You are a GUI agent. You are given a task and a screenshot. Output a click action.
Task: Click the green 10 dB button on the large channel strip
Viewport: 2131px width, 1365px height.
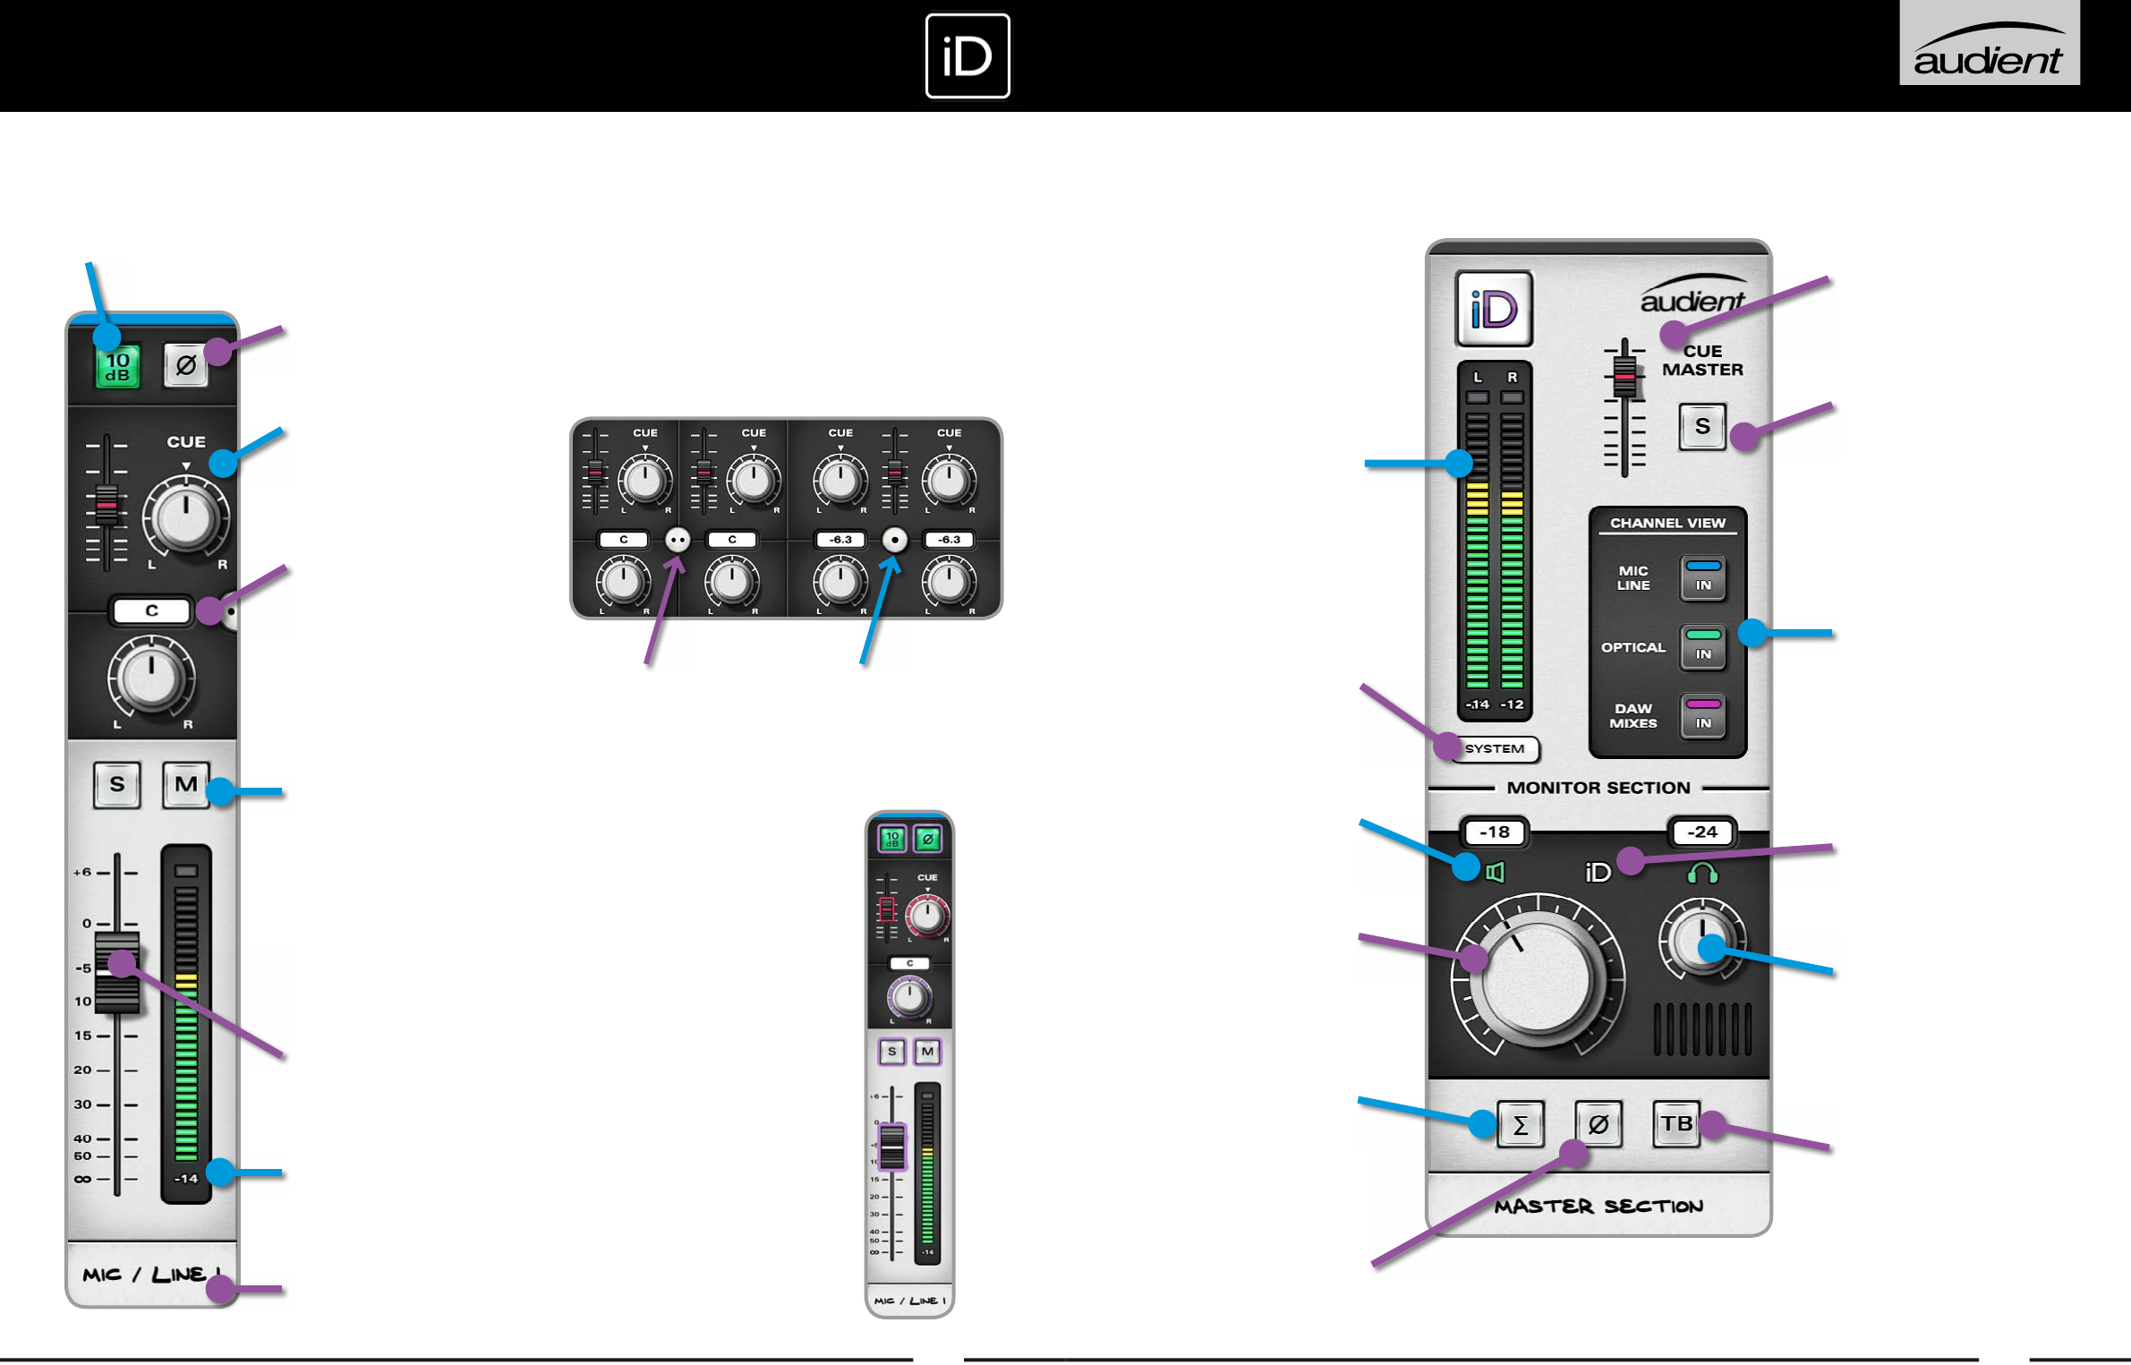[x=118, y=367]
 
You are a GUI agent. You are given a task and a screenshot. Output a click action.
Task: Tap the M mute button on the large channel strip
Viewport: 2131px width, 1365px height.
[x=185, y=785]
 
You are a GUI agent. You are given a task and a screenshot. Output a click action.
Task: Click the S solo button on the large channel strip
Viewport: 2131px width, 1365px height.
[x=117, y=785]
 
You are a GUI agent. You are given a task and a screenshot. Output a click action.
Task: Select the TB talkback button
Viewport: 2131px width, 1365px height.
[x=1676, y=1124]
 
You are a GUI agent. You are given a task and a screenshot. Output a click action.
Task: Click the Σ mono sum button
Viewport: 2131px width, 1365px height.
[x=1520, y=1125]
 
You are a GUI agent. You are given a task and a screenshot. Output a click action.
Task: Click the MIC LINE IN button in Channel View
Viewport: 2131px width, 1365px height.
[x=1702, y=577]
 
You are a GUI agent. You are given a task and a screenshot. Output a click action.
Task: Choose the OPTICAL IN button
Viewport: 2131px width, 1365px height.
[x=1702, y=646]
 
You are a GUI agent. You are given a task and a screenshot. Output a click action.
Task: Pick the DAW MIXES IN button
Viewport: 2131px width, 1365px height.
[x=1702, y=715]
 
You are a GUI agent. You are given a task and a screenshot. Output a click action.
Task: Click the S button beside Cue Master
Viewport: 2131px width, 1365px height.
[x=1701, y=427]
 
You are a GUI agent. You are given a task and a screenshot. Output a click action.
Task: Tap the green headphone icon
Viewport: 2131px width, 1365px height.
[x=1701, y=873]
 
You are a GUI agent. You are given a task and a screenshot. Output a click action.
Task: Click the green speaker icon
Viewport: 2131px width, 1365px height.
[x=1495, y=872]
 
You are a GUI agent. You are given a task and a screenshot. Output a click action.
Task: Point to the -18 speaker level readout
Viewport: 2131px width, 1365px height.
[x=1494, y=832]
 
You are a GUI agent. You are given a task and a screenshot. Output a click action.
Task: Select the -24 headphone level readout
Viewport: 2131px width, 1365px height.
[x=1701, y=832]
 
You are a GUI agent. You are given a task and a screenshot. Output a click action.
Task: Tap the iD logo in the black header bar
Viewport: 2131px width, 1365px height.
[x=967, y=55]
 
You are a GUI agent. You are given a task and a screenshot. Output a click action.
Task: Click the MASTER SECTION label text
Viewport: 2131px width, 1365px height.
[x=1598, y=1207]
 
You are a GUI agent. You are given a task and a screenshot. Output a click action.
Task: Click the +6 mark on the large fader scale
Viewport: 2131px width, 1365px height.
[x=83, y=872]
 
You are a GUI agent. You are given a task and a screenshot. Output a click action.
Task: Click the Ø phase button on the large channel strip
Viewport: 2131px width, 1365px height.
[x=185, y=365]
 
